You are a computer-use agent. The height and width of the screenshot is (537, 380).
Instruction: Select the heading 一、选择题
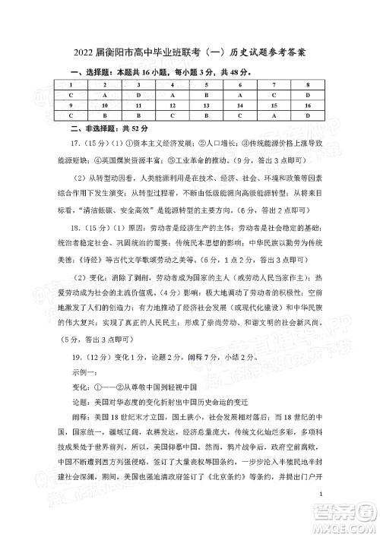(x=70, y=71)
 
